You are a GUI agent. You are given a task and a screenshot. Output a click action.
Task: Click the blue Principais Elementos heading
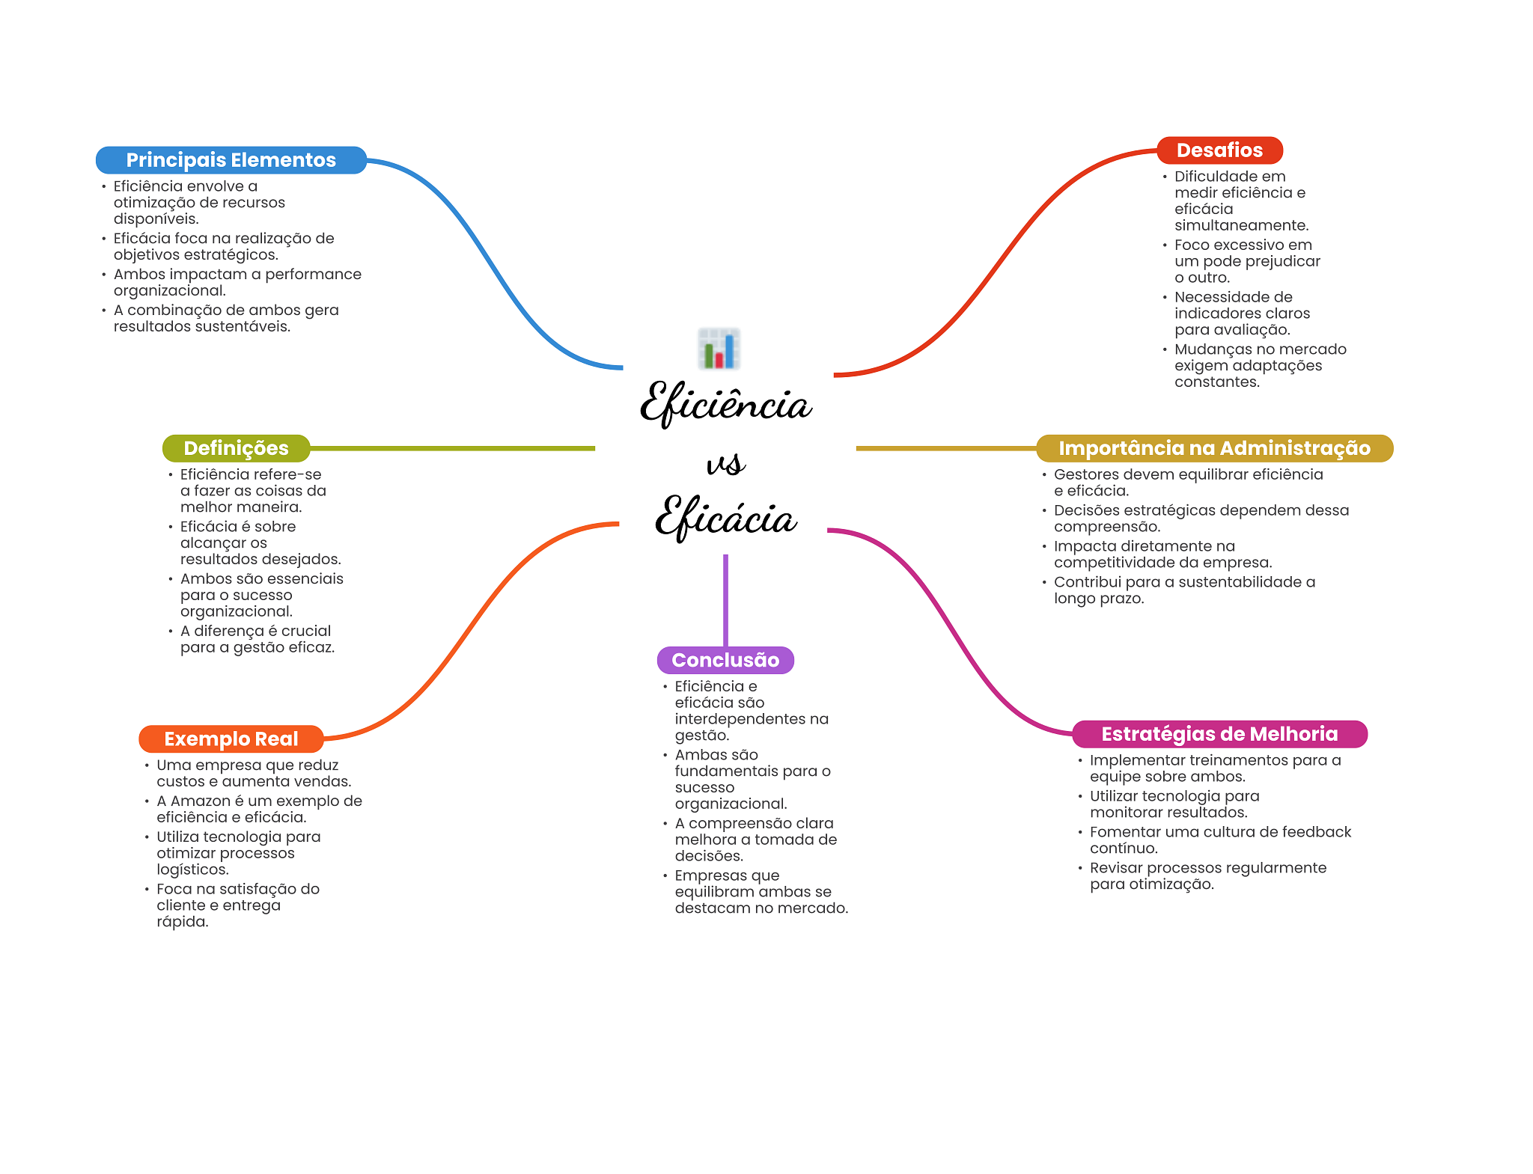pos(231,160)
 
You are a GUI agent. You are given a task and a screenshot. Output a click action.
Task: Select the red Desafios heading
pos(1219,150)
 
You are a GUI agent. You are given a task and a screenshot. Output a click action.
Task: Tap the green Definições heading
pos(236,448)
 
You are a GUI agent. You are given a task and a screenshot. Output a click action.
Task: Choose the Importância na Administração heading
pos(1213,448)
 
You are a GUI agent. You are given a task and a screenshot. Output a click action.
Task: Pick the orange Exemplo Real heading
pos(231,739)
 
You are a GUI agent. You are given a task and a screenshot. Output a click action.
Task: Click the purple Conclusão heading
pos(725,660)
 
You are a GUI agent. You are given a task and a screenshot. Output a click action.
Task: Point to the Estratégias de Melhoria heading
pos(1219,734)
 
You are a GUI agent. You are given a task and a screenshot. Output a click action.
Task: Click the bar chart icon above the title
pos(719,349)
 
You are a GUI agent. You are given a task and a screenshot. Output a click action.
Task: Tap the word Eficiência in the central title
pos(725,404)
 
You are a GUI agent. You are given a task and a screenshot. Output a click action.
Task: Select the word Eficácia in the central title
pos(725,518)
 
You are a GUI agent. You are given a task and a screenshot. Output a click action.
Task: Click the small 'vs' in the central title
pos(725,464)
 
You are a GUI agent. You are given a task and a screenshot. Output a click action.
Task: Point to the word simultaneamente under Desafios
pos(1240,225)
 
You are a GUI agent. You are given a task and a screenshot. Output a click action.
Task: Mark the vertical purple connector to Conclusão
pos(725,599)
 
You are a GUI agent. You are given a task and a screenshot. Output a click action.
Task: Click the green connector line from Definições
pos(449,448)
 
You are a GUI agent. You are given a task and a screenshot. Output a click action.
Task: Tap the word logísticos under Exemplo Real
pos(192,869)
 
